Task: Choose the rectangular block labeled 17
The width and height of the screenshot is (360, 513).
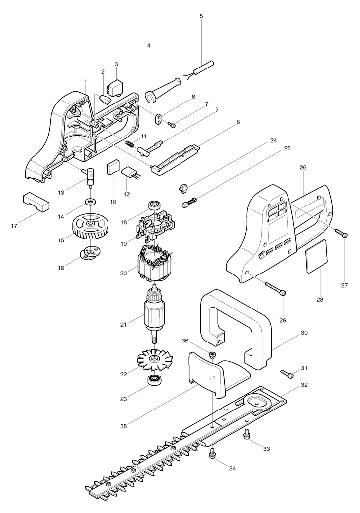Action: coord(36,201)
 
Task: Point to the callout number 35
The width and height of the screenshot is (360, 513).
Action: coord(124,426)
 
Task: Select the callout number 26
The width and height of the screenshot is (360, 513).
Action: coord(303,168)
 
